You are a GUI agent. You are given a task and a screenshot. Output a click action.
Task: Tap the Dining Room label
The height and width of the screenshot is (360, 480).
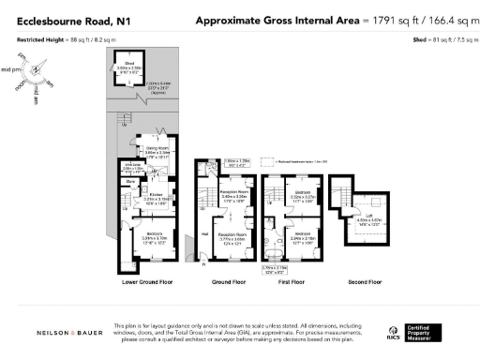tap(155, 147)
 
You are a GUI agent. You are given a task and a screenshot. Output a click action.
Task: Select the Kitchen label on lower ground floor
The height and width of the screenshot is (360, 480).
tap(154, 194)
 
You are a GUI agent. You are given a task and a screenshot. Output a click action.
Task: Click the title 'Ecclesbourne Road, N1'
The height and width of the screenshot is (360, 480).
tap(65, 19)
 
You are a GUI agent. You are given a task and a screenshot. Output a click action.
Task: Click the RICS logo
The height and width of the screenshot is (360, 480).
tap(395, 332)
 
